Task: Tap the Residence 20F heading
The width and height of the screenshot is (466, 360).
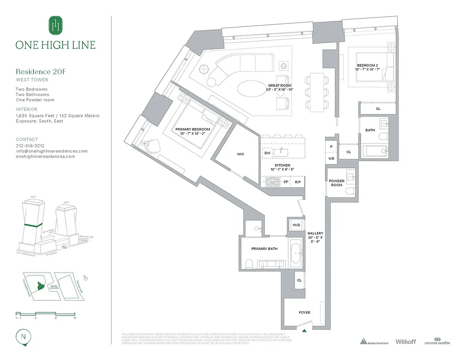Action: (x=41, y=72)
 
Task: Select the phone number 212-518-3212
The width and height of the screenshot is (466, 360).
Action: (x=30, y=146)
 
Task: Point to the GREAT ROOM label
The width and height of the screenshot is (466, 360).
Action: (x=280, y=85)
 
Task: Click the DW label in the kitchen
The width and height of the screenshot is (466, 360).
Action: (x=267, y=153)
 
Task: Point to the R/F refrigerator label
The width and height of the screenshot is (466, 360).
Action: (x=298, y=182)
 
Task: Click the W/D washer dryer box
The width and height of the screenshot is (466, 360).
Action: (x=296, y=225)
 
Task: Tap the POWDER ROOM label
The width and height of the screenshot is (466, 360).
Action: (x=336, y=183)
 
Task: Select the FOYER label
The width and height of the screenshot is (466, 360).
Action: (x=304, y=312)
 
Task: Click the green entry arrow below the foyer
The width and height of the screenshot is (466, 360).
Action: (x=305, y=331)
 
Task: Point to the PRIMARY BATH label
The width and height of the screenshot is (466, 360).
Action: (x=264, y=248)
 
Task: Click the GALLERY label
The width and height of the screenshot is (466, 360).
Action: (x=315, y=234)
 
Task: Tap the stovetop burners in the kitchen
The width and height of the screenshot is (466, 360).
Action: (x=272, y=182)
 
